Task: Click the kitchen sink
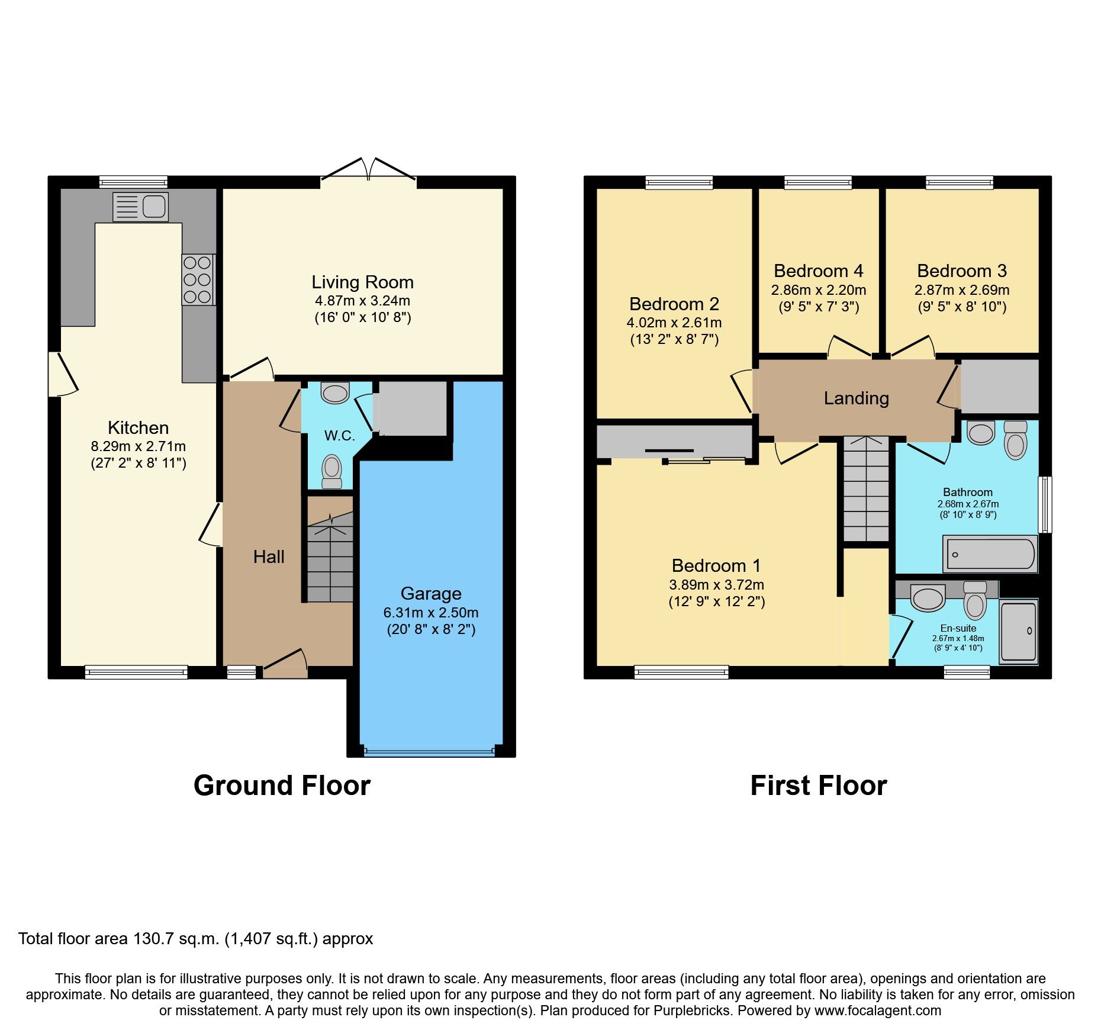click(140, 206)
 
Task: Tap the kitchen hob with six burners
click(198, 279)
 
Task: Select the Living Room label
click(362, 282)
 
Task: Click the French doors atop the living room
click(368, 170)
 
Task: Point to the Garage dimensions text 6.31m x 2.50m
click(431, 613)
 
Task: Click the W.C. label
click(339, 436)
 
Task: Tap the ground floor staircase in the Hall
click(330, 559)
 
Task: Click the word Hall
click(269, 557)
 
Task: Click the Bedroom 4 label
click(818, 271)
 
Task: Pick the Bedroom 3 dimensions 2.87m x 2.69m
click(962, 290)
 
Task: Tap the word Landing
click(856, 398)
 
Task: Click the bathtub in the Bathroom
click(990, 554)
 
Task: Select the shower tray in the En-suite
click(1019, 631)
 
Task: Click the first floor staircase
click(866, 489)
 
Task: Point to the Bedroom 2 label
click(674, 304)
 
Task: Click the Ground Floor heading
click(282, 786)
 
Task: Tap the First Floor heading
click(818, 786)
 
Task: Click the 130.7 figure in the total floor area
click(151, 938)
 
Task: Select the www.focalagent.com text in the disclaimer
click(877, 1011)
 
